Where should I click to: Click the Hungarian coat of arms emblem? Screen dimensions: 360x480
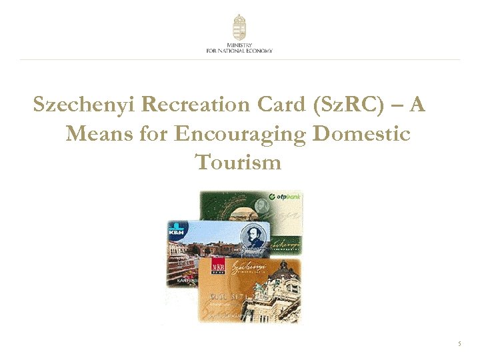(x=239, y=27)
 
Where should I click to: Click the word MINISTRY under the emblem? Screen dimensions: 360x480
(x=239, y=45)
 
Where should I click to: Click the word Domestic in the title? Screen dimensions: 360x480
(x=362, y=134)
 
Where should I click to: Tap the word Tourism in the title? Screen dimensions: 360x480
(x=239, y=162)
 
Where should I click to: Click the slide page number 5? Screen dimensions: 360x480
(x=459, y=344)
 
